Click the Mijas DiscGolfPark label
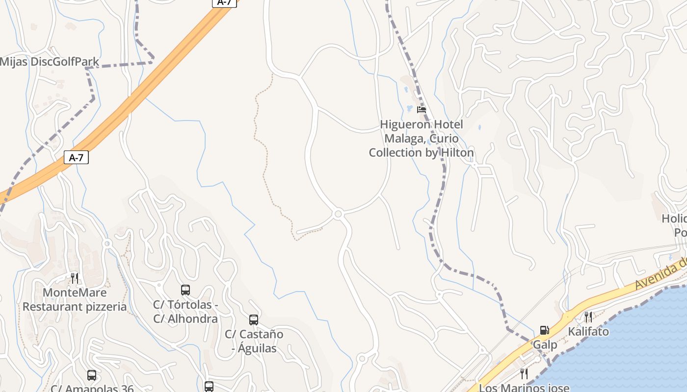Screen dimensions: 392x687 50,62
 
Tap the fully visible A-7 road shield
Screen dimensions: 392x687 76,157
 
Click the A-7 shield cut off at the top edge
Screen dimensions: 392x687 224,2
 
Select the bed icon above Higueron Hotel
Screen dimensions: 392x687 421,110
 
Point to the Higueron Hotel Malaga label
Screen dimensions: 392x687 422,139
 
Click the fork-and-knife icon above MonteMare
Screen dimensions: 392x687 75,278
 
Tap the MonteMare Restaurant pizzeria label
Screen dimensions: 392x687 75,300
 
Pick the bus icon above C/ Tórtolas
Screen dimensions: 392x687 185,290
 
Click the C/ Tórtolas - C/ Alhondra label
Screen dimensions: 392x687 185,312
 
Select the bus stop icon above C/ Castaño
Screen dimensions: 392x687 254,320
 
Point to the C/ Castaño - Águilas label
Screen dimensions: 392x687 254,342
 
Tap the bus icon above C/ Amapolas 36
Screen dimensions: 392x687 92,375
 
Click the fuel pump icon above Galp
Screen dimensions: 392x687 544,330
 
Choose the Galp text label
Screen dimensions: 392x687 545,345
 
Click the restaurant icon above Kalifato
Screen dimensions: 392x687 588,317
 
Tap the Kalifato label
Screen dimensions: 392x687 588,332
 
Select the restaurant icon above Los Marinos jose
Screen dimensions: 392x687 524,374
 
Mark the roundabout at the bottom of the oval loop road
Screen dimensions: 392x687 338,214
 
